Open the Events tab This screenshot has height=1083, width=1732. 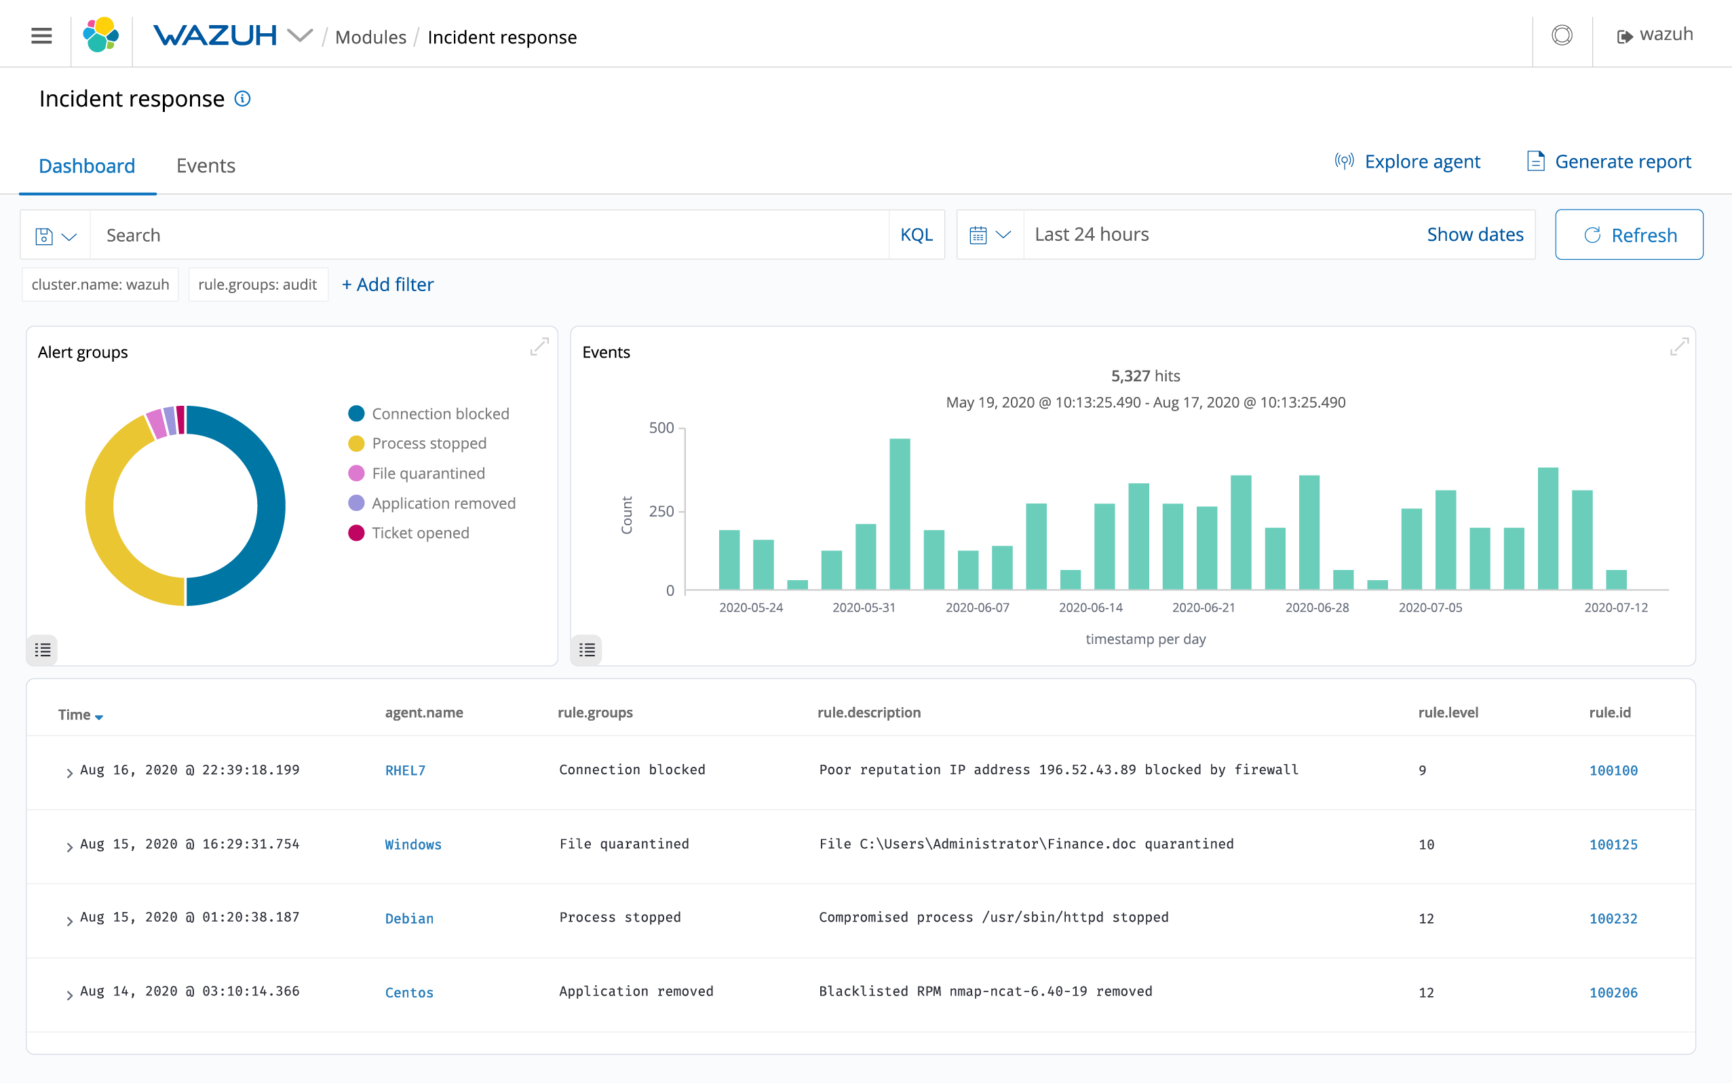206,166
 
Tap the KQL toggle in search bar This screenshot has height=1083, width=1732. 916,235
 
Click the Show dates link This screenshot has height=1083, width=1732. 1474,235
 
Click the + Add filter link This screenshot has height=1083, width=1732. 387,284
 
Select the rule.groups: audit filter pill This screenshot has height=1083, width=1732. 257,284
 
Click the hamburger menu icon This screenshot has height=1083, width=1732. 41,35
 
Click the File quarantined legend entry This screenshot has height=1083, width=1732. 427,474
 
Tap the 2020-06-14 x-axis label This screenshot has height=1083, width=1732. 1090,607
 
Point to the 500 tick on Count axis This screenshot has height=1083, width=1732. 661,427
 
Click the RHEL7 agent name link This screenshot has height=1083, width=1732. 404,771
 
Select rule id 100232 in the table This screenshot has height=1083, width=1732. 1613,918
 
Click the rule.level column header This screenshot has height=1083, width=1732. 1447,712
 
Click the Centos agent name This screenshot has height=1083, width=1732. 409,993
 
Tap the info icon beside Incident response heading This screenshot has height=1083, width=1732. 243,99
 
